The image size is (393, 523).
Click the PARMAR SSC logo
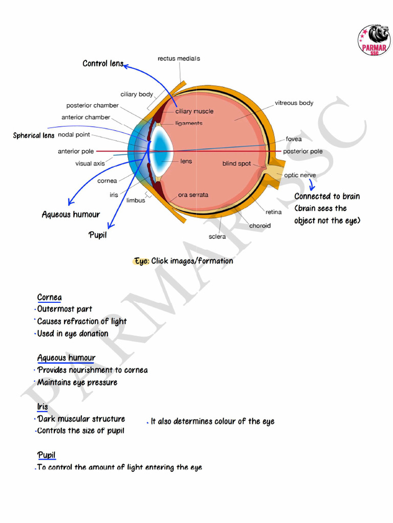374,40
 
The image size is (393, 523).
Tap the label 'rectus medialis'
179,59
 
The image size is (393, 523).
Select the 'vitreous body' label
294,103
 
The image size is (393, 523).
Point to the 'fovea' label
294,139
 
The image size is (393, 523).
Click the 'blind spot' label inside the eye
236,164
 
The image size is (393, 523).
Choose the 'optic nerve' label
300,175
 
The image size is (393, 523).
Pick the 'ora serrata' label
193,195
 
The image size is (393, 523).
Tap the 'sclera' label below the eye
217,236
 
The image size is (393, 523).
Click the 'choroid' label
260,225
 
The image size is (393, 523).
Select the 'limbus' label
136,201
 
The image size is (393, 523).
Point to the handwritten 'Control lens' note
103,63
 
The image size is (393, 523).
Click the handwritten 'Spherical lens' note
34,135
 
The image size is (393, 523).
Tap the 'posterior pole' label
303,151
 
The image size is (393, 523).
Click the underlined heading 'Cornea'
49,297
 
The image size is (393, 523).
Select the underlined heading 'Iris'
42,407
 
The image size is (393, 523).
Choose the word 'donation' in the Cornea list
94,334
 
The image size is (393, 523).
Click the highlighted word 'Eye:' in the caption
142,261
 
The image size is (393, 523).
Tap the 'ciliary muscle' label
194,111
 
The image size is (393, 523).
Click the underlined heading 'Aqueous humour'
66,358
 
